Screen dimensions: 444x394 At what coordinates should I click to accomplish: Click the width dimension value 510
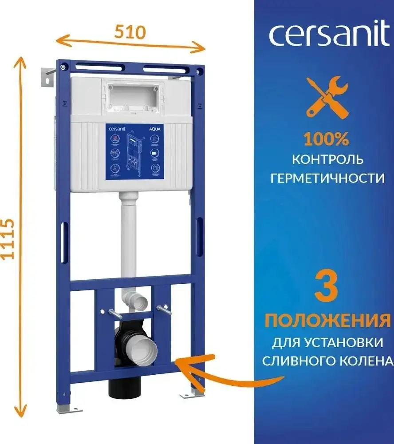point(130,32)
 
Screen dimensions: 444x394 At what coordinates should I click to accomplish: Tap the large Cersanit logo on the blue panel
point(328,36)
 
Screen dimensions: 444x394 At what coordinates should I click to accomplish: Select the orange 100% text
point(326,139)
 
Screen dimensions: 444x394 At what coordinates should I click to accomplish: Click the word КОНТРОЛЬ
point(328,159)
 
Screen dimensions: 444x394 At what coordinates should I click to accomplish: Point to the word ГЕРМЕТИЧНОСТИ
point(327,178)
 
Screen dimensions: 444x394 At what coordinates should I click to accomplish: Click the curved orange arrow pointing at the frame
point(222,373)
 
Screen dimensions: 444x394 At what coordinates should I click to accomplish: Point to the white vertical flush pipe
point(129,240)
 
